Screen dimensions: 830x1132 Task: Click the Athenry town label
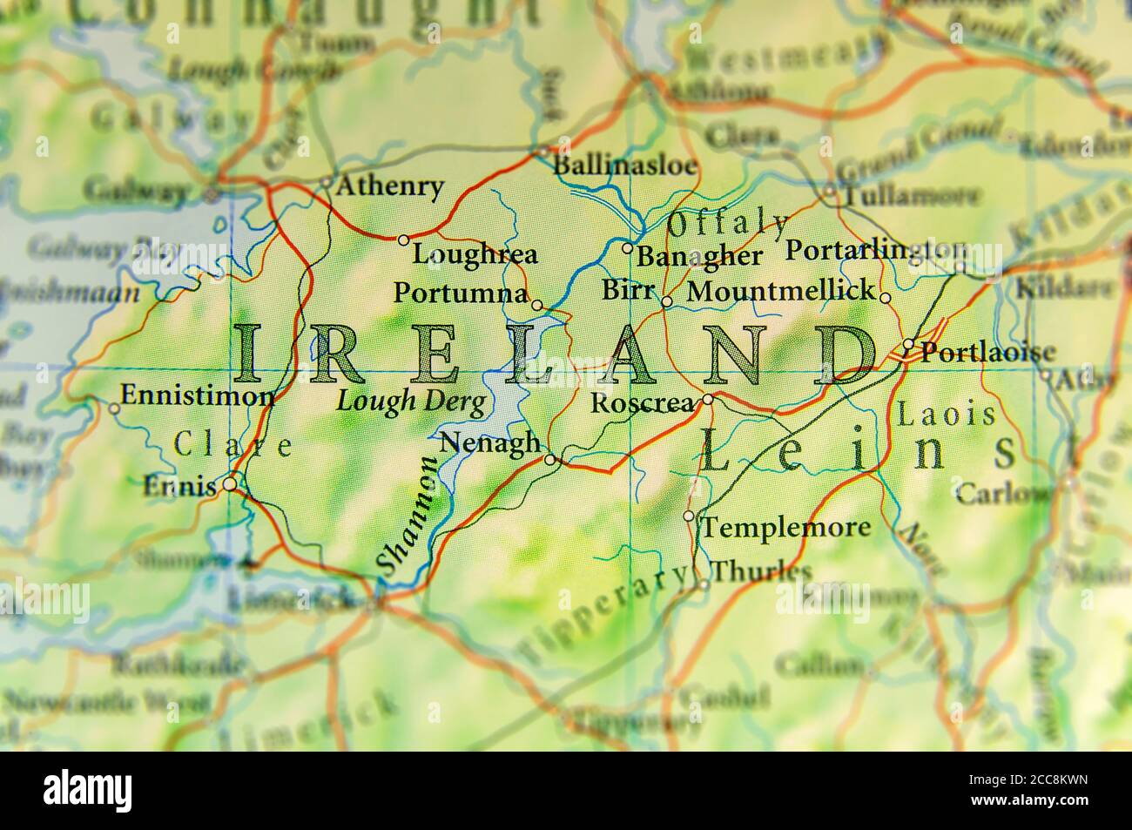(389, 186)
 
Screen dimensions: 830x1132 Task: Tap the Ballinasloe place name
(625, 165)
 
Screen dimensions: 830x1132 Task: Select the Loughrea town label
(475, 254)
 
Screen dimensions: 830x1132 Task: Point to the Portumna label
(460, 293)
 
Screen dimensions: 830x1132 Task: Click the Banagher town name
(699, 256)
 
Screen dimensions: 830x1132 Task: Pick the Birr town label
(627, 290)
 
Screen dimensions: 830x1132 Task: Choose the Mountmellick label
(780, 291)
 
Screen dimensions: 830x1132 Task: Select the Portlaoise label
(987, 352)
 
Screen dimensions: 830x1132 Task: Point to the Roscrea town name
(642, 403)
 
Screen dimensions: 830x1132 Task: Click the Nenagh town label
(490, 442)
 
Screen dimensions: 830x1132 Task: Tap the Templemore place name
(785, 527)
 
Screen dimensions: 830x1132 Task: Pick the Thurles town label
(761, 571)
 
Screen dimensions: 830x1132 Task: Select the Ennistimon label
(197, 396)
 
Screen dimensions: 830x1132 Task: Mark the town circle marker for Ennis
(230, 483)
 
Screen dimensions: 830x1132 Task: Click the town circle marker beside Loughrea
(403, 240)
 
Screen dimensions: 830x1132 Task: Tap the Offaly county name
(727, 224)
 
